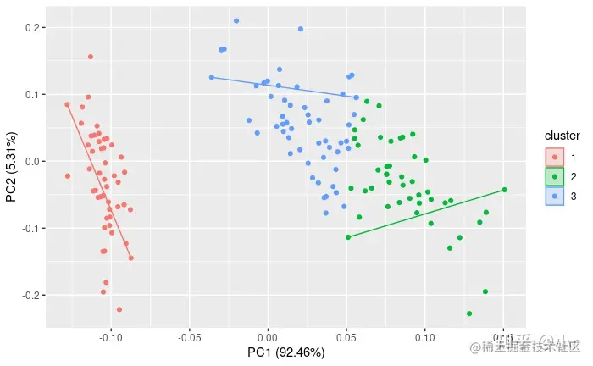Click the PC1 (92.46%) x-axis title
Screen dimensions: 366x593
285,352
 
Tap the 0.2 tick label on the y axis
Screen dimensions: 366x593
34,28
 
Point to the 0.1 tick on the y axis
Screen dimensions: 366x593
34,95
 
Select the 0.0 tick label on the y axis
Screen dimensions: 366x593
34,161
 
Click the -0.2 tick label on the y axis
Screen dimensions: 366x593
32,295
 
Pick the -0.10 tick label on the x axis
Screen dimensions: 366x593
111,336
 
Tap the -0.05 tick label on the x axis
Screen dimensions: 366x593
189,336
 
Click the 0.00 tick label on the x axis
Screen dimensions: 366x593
268,336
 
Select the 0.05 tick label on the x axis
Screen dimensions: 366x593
346,336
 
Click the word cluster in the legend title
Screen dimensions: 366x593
562,136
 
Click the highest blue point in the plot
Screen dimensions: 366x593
236,20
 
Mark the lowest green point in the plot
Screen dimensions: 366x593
469,313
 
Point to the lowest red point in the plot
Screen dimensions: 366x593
119,309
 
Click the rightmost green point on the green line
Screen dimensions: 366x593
504,190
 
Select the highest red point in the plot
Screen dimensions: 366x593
91,57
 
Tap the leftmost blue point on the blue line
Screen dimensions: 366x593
212,77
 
